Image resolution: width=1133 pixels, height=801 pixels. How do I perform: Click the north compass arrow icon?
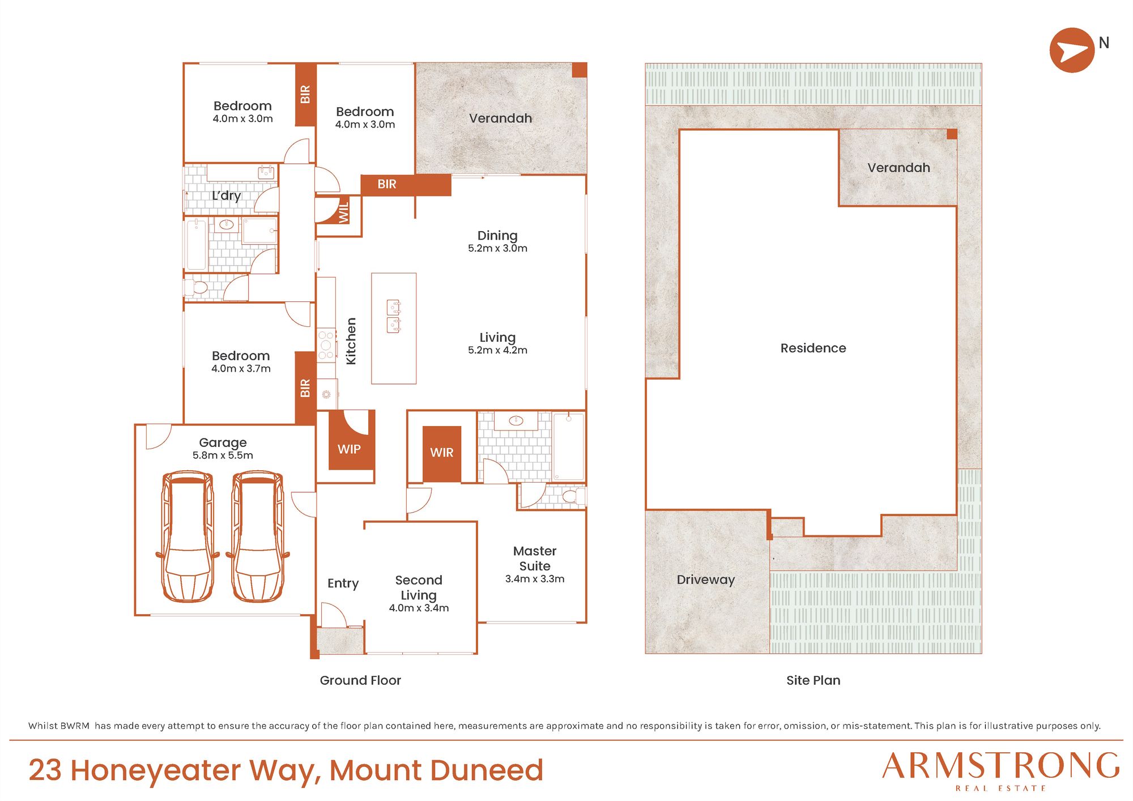tap(1072, 50)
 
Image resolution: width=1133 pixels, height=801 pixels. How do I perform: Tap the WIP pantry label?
tap(349, 449)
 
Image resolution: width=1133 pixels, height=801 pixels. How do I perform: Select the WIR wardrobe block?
tap(442, 454)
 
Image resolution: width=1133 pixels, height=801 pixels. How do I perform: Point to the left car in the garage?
tap(188, 536)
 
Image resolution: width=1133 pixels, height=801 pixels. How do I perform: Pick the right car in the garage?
tap(258, 536)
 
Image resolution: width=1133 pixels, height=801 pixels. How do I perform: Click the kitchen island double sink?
tap(394, 316)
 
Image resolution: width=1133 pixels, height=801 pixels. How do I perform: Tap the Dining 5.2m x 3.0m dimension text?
tap(497, 248)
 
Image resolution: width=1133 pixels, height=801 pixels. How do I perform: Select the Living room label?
tap(497, 338)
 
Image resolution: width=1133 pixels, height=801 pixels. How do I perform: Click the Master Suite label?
tap(535, 559)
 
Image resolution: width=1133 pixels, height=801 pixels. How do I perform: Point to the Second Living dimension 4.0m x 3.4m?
tap(419, 608)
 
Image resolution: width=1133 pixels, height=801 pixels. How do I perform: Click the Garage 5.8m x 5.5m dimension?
tap(223, 455)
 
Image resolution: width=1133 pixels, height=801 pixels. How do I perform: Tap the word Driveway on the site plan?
tap(705, 580)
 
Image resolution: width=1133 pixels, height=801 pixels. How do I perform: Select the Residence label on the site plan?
tap(813, 348)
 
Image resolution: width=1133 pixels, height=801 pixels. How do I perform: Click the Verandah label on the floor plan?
tap(500, 118)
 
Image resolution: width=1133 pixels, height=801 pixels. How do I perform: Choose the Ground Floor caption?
tap(360, 680)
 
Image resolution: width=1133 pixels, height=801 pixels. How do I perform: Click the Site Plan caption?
tap(813, 680)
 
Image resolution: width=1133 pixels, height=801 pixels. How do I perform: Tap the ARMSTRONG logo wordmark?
tap(1000, 766)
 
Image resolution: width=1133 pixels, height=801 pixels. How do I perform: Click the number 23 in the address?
tap(45, 770)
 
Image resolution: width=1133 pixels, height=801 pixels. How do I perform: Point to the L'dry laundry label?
tap(226, 195)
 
